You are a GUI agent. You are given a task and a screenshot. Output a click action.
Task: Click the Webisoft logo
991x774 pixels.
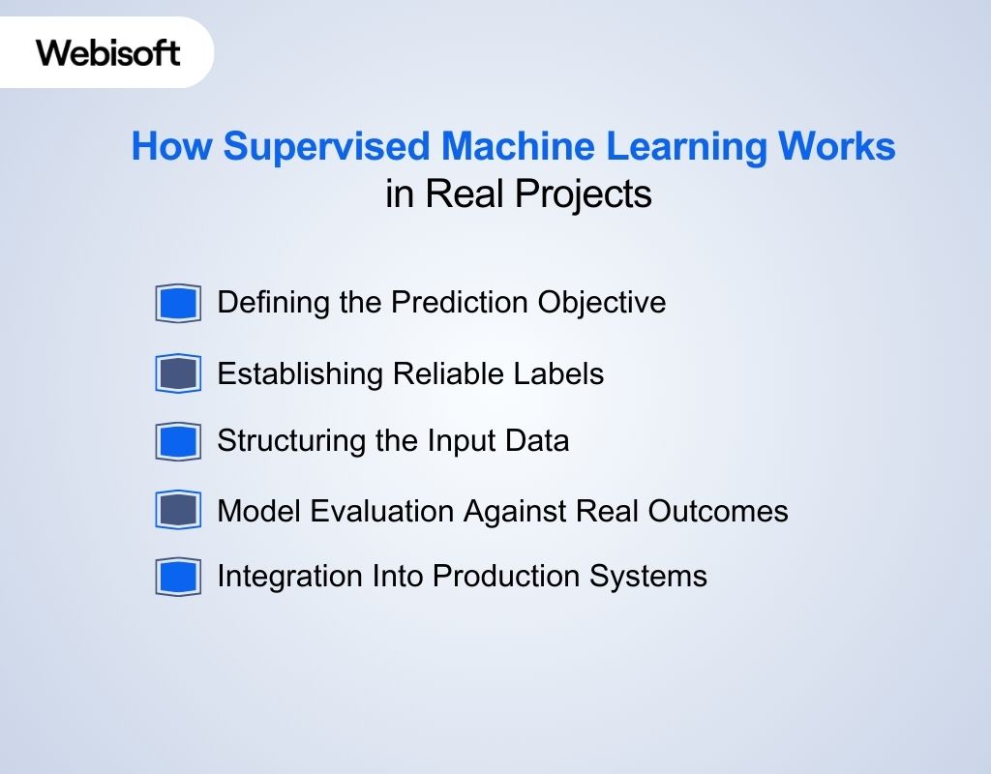(x=107, y=52)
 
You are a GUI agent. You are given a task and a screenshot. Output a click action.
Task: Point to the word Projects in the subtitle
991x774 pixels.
(x=584, y=193)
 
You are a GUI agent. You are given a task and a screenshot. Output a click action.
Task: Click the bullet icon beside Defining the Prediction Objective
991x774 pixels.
(x=178, y=304)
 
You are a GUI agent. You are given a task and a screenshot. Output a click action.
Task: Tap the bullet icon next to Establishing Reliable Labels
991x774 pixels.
(x=178, y=373)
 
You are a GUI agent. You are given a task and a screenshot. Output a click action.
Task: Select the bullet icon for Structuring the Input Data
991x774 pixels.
(x=178, y=442)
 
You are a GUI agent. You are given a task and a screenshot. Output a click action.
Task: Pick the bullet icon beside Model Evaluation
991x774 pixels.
(x=178, y=510)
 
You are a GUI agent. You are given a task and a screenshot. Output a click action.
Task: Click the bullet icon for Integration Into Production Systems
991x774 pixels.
(x=178, y=578)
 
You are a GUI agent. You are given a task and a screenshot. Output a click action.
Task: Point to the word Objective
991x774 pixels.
(x=602, y=303)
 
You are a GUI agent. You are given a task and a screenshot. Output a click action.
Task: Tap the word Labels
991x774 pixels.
(x=563, y=373)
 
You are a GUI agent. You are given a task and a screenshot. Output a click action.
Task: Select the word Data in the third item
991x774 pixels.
(x=537, y=441)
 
